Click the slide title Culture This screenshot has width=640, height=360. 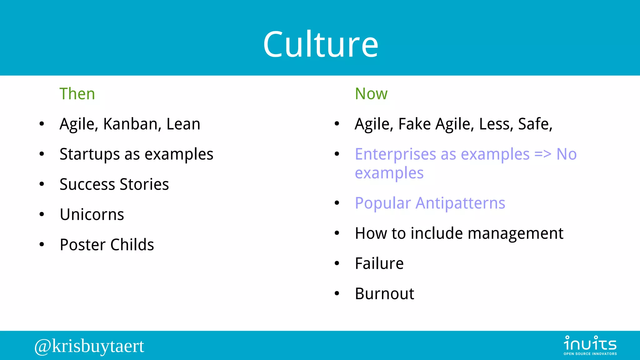[321, 44]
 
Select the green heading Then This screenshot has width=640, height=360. [77, 94]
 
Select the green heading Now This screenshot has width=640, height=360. [371, 94]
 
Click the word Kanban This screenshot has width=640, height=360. [132, 124]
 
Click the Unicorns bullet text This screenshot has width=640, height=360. [92, 215]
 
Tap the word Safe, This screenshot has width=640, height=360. [535, 124]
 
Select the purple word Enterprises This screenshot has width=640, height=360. [395, 154]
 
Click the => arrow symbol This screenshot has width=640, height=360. [543, 154]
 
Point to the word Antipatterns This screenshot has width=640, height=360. [460, 203]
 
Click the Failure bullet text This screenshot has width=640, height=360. [379, 263]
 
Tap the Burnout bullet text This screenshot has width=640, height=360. [384, 294]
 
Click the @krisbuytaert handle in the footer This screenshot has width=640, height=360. [89, 346]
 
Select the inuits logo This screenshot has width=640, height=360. [590, 345]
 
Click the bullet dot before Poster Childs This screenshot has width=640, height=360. [42, 245]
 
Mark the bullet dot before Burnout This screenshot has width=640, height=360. [337, 294]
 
